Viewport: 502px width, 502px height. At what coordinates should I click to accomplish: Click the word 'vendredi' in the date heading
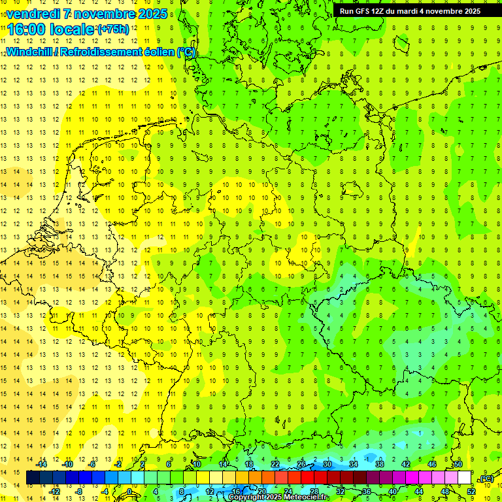point(33,14)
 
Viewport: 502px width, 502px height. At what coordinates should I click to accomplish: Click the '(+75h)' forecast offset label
point(113,29)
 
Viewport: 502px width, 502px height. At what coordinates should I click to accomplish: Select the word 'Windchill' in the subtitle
point(30,52)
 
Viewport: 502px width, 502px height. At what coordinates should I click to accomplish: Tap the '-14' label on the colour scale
point(42,464)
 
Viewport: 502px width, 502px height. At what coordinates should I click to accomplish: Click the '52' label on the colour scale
point(471,492)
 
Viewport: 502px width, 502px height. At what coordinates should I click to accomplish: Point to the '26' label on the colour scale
point(301,464)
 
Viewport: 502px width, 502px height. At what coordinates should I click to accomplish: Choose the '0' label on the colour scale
point(129,492)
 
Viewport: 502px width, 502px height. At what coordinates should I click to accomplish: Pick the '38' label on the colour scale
point(380,464)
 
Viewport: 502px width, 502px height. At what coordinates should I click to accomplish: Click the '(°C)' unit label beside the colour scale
point(486,479)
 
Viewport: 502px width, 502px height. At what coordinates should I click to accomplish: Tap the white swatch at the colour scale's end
point(465,478)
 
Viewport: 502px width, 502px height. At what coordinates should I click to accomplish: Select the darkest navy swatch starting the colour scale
point(33,478)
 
